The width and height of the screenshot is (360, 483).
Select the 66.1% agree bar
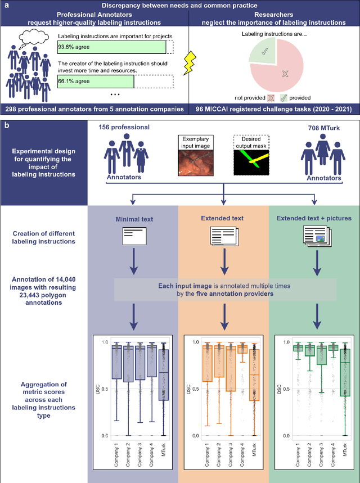[x=96, y=82]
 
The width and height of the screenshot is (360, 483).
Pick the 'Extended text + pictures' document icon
[x=314, y=235]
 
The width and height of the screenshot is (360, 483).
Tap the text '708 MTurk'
[x=321, y=127]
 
